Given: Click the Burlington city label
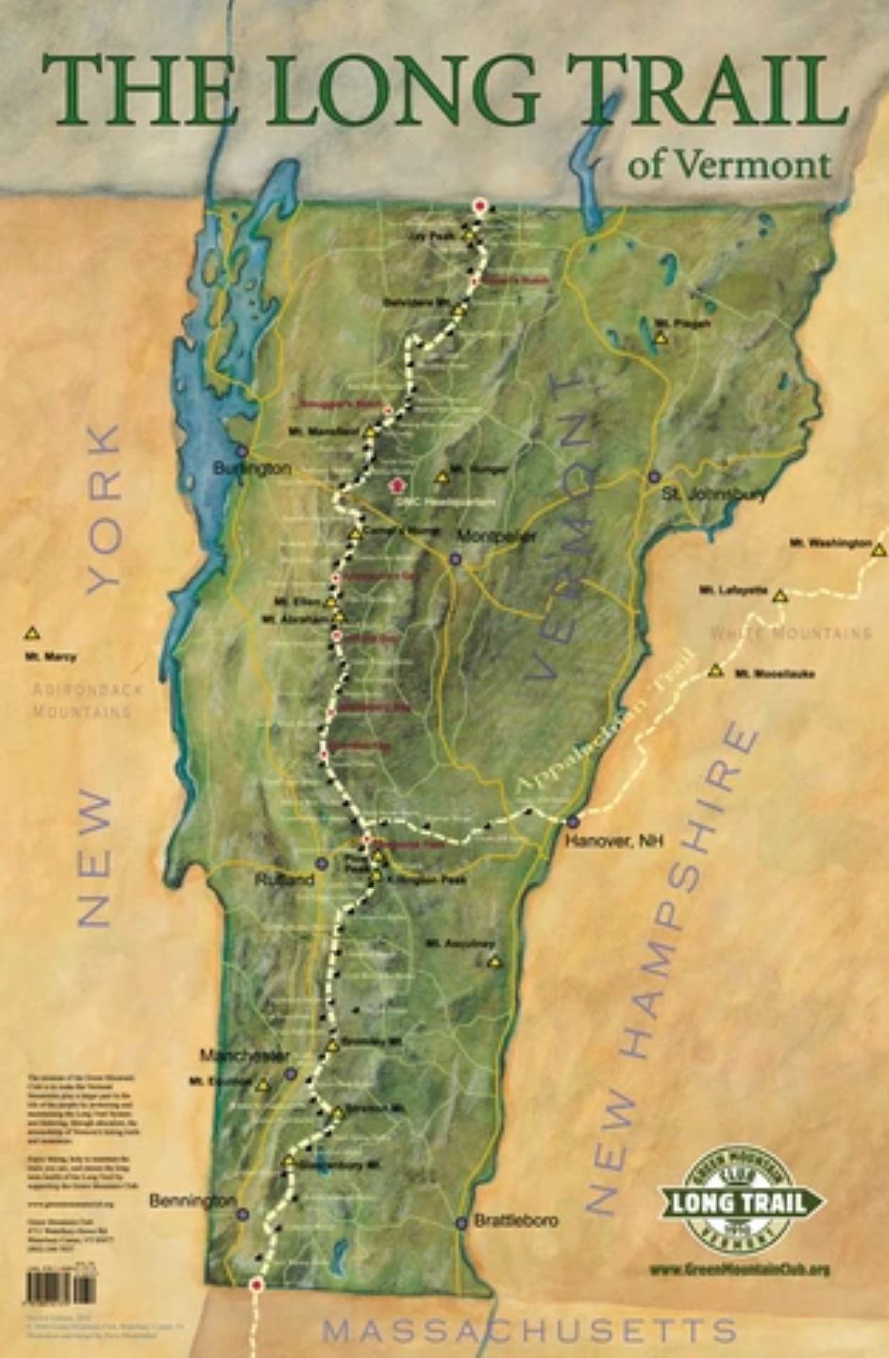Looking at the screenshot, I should click(252, 468).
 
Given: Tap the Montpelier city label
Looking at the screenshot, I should click(496, 537).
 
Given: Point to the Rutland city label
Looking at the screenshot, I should click(285, 880).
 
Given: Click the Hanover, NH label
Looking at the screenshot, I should click(615, 840).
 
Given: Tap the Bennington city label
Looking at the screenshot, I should click(193, 1200).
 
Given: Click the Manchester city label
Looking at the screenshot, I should click(244, 1054).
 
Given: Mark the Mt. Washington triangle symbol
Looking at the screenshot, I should click(879, 549).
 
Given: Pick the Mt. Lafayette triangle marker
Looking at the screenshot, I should click(780, 595).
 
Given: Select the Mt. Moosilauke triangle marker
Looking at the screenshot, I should click(715, 670).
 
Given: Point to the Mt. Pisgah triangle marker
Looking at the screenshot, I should click(661, 337).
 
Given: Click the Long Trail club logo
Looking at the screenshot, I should click(739, 1201).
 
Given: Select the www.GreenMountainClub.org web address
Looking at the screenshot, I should click(739, 1269).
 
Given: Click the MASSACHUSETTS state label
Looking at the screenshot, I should click(528, 1331).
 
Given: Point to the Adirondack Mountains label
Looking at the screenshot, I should click(87, 700).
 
